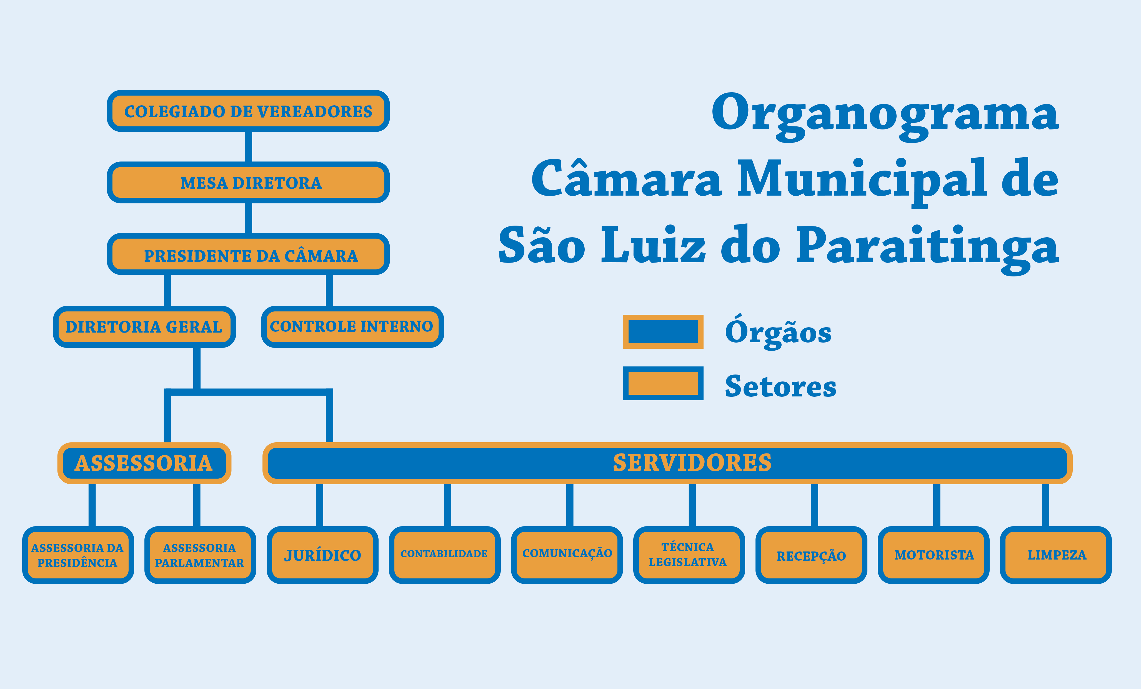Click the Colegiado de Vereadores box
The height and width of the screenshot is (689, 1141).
coord(248,111)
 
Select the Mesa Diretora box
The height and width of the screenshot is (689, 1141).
coord(248,183)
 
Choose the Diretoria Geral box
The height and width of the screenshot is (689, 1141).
coord(144,326)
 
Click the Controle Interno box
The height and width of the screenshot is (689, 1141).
coord(352,326)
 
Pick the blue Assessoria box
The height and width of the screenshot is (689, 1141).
coord(144,463)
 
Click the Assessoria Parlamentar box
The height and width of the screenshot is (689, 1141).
coord(200,555)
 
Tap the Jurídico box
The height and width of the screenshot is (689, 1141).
coord(322,555)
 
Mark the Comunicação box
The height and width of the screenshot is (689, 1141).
coord(567,555)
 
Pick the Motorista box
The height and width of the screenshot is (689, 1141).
coord(934,555)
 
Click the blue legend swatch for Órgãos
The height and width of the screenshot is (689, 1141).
coord(663,331)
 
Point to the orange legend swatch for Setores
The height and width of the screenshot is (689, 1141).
coord(663,383)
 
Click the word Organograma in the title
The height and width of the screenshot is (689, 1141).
coord(884,113)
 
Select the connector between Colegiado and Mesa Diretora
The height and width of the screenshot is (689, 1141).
coord(248,147)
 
